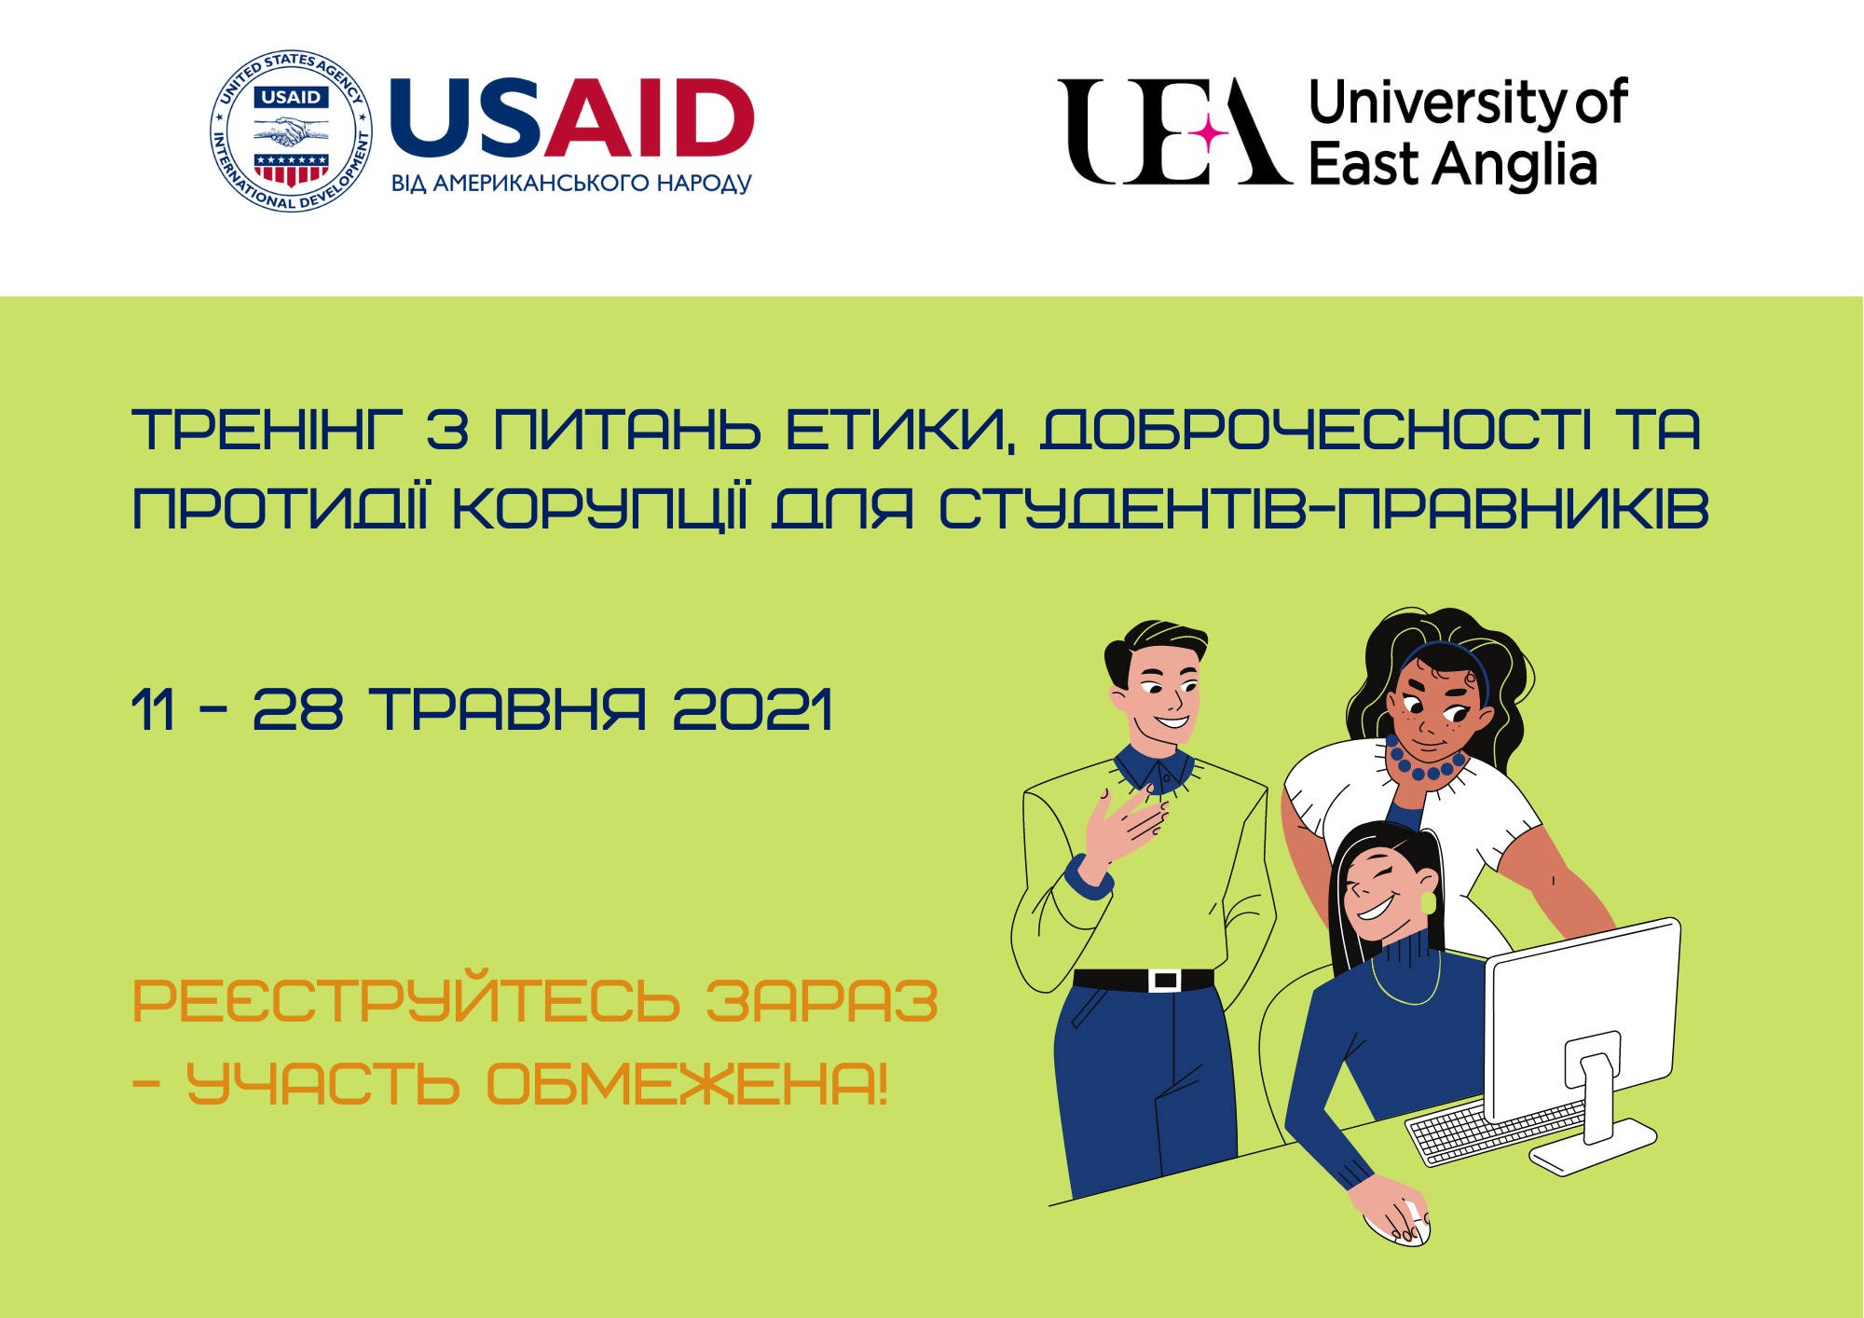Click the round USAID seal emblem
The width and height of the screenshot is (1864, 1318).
tap(291, 130)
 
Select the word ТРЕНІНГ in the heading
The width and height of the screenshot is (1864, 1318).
tap(268, 430)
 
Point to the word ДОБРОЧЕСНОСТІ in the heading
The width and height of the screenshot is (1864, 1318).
tap(1315, 430)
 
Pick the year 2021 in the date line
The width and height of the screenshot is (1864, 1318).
tap(752, 709)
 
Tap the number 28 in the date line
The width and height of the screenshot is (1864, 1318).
tap(298, 709)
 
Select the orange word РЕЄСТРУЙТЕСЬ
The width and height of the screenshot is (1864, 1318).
tap(406, 1001)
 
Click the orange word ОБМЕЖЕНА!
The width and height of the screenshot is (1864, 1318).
tap(688, 1083)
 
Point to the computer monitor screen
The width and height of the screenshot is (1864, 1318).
tap(1582, 1018)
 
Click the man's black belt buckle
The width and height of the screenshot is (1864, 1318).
tap(1164, 981)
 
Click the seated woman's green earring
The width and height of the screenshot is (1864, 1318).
tap(1428, 902)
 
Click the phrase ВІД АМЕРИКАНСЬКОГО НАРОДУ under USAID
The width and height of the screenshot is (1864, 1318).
tap(571, 183)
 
